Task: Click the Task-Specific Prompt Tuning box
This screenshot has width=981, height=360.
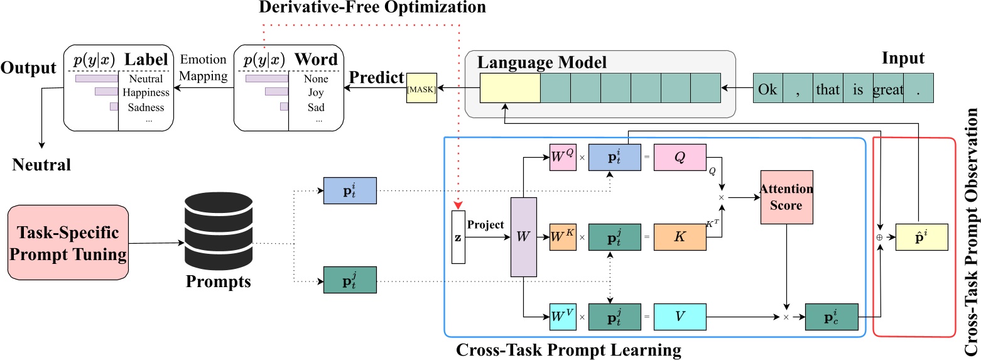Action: (68, 242)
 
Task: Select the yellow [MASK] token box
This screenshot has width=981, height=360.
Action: (421, 90)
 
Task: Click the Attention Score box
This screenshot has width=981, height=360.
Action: (786, 197)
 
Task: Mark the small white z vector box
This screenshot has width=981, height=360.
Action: (458, 237)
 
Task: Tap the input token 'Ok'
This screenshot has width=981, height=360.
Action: (767, 89)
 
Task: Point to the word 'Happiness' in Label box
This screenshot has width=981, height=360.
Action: (146, 93)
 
